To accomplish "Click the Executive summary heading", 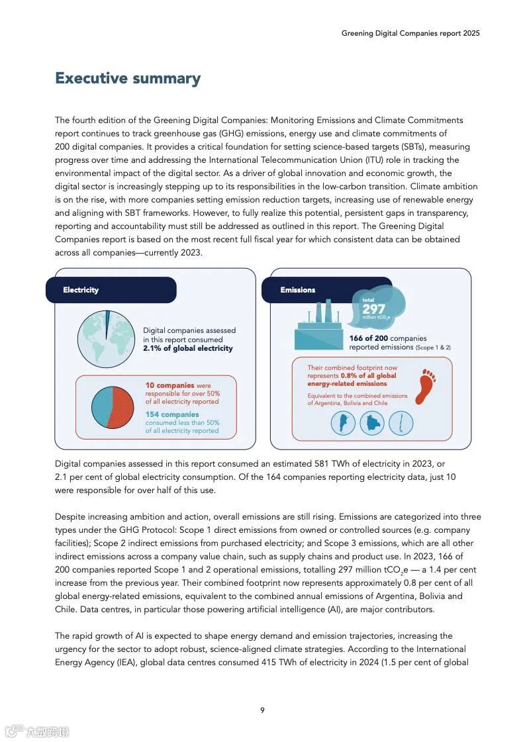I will point(128,78).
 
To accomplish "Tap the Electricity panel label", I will point(81,290).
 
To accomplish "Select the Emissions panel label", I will point(298,290).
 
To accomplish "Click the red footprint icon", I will point(425,387).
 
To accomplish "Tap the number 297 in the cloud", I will point(373,308).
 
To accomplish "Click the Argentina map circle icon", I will point(343,423).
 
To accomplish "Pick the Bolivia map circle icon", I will point(371,423).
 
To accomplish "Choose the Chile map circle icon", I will point(401,423).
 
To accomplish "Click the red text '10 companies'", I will point(169,385).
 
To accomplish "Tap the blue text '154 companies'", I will point(172,414).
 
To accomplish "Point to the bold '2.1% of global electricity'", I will point(188,348).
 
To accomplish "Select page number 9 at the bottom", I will point(262,710).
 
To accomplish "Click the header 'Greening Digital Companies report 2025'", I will point(410,33).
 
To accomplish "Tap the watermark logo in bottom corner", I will point(37,731).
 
